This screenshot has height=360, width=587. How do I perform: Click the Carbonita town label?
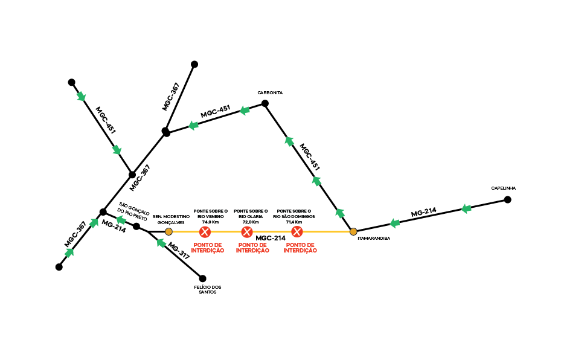click(270, 93)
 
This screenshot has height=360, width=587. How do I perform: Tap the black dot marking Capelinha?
click(508, 199)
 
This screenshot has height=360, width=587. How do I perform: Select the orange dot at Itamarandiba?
click(353, 231)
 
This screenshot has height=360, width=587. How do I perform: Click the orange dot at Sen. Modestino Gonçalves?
click(168, 232)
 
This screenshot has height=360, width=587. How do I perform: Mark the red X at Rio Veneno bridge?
click(205, 232)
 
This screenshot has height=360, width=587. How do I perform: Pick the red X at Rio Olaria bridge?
click(247, 232)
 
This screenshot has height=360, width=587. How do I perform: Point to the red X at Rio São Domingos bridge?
click(297, 232)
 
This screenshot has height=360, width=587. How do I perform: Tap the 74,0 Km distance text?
click(210, 222)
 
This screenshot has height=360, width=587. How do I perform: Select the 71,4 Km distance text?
click(294, 222)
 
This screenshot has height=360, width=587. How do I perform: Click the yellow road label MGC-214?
click(270, 239)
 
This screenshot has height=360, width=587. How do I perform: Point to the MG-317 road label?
click(179, 251)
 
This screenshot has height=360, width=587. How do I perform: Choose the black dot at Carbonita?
click(265, 103)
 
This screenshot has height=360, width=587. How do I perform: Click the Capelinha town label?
click(503, 188)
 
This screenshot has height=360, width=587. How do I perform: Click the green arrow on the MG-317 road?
click(161, 243)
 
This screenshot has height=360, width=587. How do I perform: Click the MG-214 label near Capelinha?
click(423, 213)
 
